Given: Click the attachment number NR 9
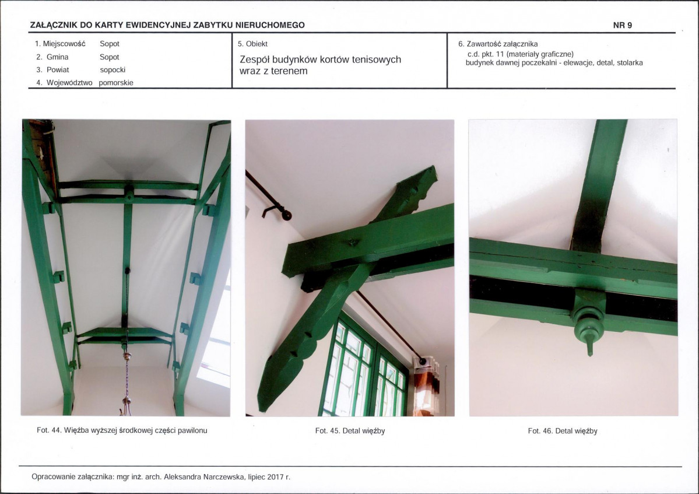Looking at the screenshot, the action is click(x=622, y=26).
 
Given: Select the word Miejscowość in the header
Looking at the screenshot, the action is click(x=64, y=44).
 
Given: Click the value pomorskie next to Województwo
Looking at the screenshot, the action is click(x=116, y=83).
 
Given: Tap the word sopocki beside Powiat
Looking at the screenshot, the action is click(x=113, y=70).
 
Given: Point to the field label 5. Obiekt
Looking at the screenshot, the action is click(x=253, y=44).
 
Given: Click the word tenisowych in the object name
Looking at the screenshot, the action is click(x=376, y=59).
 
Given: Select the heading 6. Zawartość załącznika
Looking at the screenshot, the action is click(x=498, y=44).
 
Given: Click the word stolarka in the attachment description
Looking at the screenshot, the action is click(x=630, y=63).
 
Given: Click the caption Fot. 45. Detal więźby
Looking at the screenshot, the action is click(x=350, y=431).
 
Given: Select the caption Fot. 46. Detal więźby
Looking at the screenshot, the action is click(x=563, y=431).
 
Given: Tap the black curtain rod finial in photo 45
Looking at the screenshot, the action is click(x=286, y=216).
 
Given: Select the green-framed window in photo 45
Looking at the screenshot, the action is click(x=363, y=368).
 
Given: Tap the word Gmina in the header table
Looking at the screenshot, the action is click(x=58, y=57).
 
